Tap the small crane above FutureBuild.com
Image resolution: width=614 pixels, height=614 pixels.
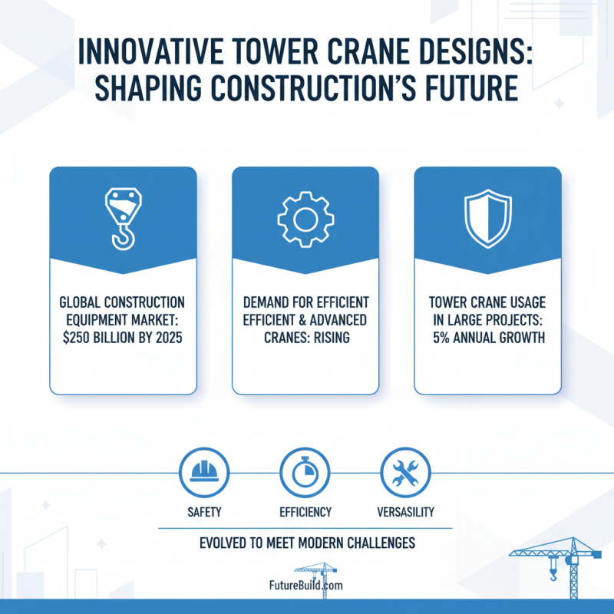317,572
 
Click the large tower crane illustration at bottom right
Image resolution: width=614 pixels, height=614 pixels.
556,568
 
